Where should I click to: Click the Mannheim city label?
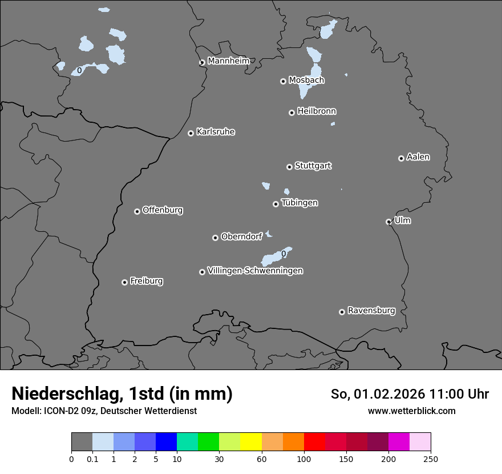pos(228,61)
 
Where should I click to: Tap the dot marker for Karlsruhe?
pos(191,133)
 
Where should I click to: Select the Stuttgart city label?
pos(313,166)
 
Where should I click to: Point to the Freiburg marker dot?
pos(124,282)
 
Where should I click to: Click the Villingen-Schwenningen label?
pos(255,271)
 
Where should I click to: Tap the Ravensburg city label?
pos(371,311)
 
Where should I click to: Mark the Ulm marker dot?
pos(388,222)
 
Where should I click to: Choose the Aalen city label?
pos(418,157)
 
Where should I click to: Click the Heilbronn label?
pos(317,111)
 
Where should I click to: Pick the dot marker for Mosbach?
pos(283,81)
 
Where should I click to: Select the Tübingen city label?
pos(299,203)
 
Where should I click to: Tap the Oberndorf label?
pos(241,236)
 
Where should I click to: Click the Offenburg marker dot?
pos(137,211)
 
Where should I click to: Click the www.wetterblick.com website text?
pos(411,411)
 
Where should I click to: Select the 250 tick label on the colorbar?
pos(431,458)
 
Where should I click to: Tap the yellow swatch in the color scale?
pos(251,442)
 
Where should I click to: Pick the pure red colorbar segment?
pos(314,442)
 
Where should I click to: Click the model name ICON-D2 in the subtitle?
pos(58,411)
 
